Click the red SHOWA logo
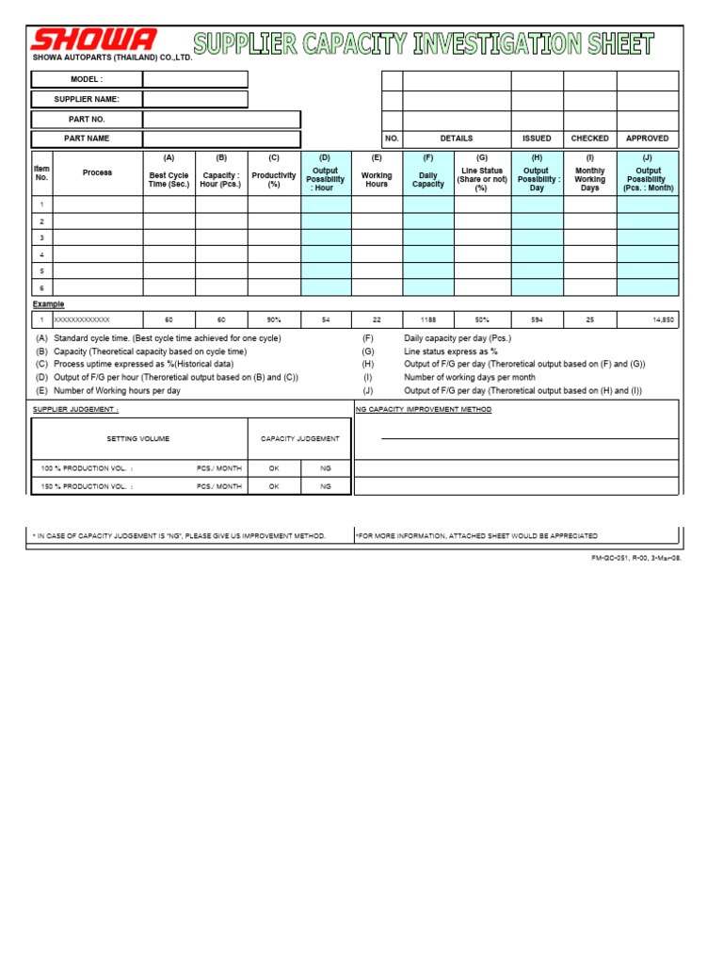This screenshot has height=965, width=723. pyautogui.click(x=93, y=41)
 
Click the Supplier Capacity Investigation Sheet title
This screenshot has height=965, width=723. pyautogui.click(x=424, y=43)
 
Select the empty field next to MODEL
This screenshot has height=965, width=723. pyautogui.click(x=196, y=79)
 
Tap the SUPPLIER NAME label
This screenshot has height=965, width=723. pyautogui.click(x=87, y=99)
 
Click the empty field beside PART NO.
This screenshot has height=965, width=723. pyautogui.click(x=221, y=120)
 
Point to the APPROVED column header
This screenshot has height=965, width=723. pyautogui.click(x=648, y=139)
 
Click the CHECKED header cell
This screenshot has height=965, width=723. pyautogui.click(x=590, y=139)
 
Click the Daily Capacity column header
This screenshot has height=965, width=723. pyautogui.click(x=428, y=179)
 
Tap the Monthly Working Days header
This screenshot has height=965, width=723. pyautogui.click(x=590, y=179)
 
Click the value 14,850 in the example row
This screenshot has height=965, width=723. pyautogui.click(x=662, y=320)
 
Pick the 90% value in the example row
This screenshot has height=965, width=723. pyautogui.click(x=274, y=320)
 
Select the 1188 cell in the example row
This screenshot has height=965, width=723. pyautogui.click(x=428, y=320)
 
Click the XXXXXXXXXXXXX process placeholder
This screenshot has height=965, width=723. pyautogui.click(x=82, y=320)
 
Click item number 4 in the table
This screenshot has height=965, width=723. pyautogui.click(x=41, y=254)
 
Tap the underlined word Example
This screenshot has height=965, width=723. pyautogui.click(x=49, y=304)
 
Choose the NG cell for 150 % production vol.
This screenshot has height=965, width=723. pyautogui.click(x=326, y=486)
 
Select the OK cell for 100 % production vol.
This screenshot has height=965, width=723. pyautogui.click(x=274, y=467)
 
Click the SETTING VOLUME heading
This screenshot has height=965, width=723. pyautogui.click(x=138, y=439)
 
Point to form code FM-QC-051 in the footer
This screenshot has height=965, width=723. pyautogui.click(x=635, y=558)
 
